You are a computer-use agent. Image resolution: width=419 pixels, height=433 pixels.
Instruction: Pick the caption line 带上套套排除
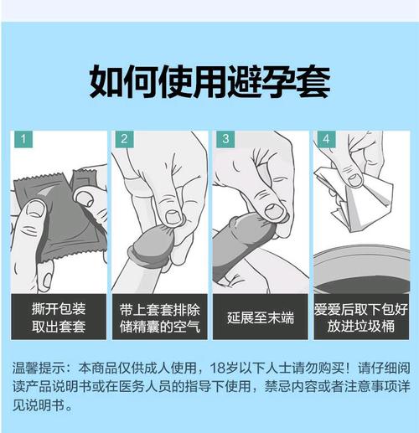click(x=159, y=308)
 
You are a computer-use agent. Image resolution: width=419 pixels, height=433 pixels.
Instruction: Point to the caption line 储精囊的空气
click(x=159, y=326)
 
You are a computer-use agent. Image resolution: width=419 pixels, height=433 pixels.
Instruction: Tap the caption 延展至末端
click(x=260, y=317)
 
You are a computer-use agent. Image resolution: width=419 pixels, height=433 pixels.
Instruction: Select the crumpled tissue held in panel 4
click(x=352, y=188)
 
